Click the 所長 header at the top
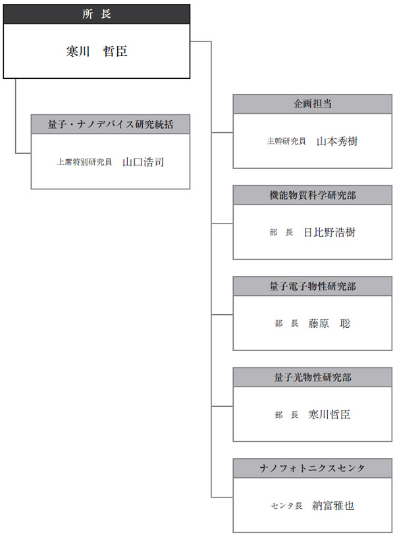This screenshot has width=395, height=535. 97,14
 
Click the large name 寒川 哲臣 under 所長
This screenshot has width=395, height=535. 97,51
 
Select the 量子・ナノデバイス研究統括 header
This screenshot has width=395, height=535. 111,124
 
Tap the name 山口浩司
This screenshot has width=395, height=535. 143,162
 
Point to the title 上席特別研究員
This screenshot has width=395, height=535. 84,162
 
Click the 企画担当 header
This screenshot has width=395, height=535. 312,104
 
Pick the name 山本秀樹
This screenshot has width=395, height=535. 337,141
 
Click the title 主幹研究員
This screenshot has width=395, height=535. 286,141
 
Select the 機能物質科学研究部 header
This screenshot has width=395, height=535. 312,195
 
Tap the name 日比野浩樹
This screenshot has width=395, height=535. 330,233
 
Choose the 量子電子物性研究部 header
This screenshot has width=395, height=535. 312,287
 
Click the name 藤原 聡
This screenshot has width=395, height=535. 329,323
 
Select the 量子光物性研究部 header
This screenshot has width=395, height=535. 312,377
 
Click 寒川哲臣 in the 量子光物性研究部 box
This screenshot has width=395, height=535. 329,415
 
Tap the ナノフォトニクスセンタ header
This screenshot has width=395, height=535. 312,468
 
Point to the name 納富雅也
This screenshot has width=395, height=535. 333,505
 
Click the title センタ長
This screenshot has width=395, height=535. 286,505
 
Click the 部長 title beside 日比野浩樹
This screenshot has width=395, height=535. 281,233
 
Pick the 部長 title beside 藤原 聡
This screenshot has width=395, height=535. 286,323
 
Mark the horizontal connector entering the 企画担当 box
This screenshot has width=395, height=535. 222,132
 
